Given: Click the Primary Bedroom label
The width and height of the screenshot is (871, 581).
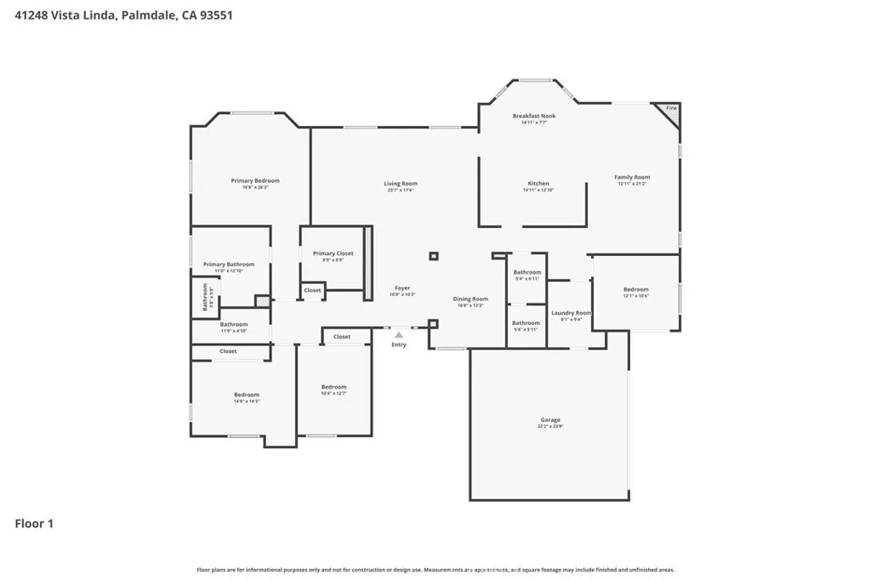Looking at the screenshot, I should coord(255,180).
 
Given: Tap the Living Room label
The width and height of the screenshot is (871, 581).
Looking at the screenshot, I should coord(400,184).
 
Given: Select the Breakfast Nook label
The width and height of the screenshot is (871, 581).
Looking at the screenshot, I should coord(533,116).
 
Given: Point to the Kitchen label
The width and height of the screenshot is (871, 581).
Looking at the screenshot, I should coord(538,184).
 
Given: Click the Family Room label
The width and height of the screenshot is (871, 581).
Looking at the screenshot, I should coord(632,177).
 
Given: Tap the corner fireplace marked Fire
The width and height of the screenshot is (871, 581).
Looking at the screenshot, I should coord(670,109).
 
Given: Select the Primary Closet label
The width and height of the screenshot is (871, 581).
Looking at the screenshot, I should coord(333,253).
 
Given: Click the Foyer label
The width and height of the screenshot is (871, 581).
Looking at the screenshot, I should coord(402,288).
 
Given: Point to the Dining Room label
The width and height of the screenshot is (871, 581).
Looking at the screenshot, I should coord(470,299).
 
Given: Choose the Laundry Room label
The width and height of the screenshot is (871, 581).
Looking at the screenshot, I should coord(571,313).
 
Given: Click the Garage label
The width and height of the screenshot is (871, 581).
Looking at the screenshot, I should coord(550,420).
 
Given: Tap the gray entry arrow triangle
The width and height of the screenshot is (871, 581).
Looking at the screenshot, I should coord(398,335).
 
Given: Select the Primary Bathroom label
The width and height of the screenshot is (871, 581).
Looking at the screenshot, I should coord(229,265).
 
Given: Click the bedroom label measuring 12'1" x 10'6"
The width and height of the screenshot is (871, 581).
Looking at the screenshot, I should coord(635,289).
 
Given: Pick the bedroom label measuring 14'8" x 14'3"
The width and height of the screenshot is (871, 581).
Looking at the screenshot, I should coord(247,395).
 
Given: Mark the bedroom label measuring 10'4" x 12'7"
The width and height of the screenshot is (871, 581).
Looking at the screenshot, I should coord(333,387).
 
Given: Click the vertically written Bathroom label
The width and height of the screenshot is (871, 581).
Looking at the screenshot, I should coord(205,297).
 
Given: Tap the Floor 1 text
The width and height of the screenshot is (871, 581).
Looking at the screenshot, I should coord(34,523).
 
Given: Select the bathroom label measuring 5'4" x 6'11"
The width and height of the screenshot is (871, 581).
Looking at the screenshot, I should coord(527,272).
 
